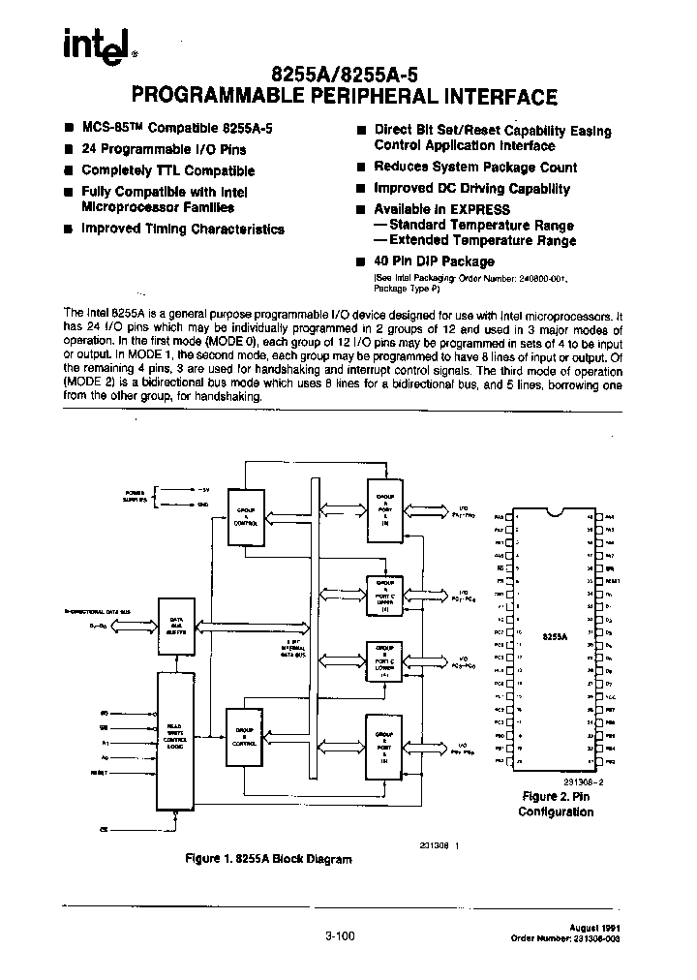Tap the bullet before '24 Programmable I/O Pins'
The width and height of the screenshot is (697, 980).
coord(69,150)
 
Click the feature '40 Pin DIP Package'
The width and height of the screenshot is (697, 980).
coord(434,261)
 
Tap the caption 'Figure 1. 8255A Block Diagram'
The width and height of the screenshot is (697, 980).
coord(268,859)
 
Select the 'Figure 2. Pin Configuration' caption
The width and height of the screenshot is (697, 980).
coord(556,804)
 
